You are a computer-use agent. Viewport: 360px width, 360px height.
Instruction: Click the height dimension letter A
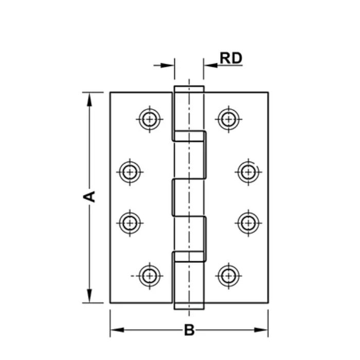click(x=90, y=196)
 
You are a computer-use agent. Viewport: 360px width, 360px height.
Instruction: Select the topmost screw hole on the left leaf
click(x=149, y=119)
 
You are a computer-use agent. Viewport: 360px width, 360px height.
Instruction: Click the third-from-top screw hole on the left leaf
click(x=130, y=223)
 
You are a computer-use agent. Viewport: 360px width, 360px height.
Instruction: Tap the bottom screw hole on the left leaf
click(x=149, y=276)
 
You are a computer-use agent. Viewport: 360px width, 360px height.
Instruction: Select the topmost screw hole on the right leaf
click(x=227, y=119)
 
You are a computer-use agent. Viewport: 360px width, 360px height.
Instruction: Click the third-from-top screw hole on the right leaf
click(x=248, y=223)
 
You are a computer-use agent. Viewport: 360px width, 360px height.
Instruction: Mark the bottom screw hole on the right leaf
click(x=227, y=276)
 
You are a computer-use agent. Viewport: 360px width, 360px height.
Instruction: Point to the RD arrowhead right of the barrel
click(x=210, y=65)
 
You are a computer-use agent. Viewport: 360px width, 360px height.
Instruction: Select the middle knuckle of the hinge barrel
click(x=189, y=197)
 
